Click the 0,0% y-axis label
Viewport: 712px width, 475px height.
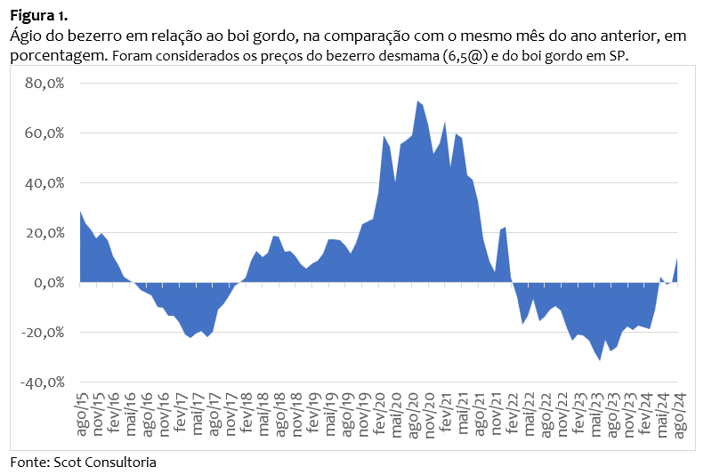(x=50, y=283)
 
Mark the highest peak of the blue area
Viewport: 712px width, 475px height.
(x=417, y=101)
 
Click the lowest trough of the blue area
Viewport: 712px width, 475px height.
(x=600, y=359)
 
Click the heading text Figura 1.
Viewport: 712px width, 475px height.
(x=38, y=16)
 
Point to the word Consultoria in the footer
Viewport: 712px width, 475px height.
(x=121, y=463)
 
